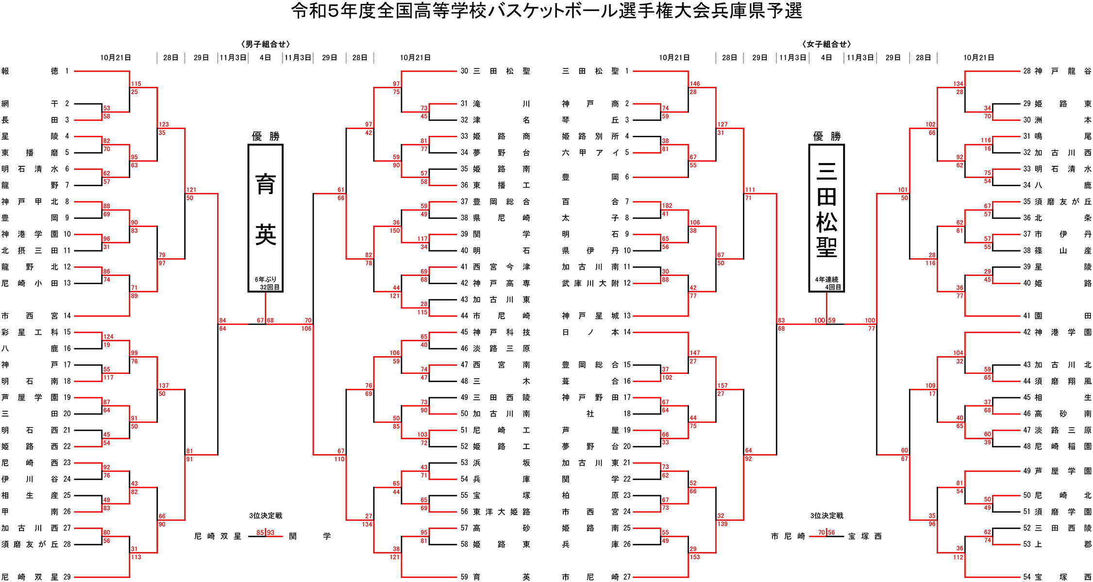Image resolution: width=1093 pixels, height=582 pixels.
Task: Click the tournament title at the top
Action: [x=546, y=11]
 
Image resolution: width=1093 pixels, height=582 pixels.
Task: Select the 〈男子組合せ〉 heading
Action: [x=265, y=44]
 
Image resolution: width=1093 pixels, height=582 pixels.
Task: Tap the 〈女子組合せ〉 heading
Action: [x=826, y=44]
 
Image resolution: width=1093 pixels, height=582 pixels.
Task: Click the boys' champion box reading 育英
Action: [x=266, y=211]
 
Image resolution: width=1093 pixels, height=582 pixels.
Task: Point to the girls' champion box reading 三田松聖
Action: [x=826, y=211]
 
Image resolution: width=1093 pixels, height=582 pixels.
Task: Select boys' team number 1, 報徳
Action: [x=29, y=71]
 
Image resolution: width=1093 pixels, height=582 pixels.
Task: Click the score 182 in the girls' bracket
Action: [x=667, y=206]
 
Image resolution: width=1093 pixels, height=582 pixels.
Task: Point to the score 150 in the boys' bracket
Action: [x=395, y=230]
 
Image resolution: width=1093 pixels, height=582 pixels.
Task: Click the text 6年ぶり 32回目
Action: [x=266, y=283]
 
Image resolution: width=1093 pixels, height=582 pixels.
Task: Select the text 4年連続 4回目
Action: [x=826, y=283]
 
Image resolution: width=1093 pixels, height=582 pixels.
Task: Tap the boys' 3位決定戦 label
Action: [x=266, y=516]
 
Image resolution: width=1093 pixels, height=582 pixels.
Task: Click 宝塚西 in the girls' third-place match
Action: [x=865, y=536]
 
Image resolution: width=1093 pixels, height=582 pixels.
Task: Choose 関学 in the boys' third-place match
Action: [x=309, y=536]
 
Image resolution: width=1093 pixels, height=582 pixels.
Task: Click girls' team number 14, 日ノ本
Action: [x=595, y=332]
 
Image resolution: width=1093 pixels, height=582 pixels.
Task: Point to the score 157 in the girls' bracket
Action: [x=723, y=386]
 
